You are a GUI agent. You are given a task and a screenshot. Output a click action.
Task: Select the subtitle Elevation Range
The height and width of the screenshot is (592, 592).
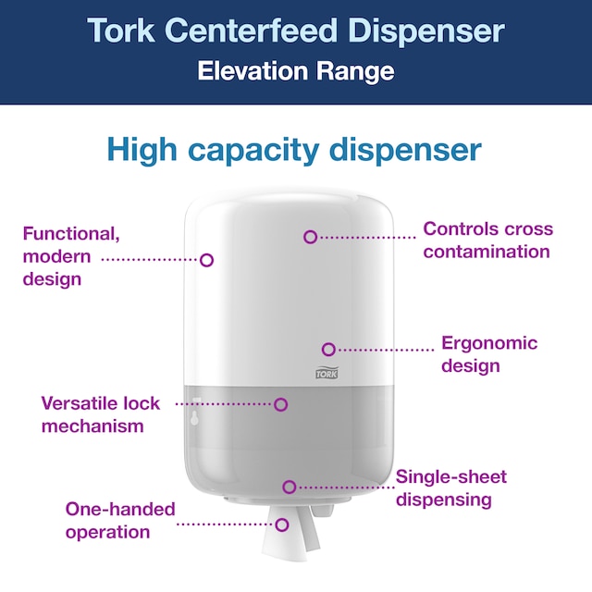[296, 71]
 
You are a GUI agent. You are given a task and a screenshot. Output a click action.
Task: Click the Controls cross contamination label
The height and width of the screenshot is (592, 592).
[487, 240]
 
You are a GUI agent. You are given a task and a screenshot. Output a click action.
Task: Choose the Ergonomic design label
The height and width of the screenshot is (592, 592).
[488, 354]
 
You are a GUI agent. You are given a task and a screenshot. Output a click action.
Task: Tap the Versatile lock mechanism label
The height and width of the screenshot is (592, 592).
[100, 414]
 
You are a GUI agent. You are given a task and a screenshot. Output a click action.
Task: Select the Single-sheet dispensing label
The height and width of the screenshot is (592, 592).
[450, 488]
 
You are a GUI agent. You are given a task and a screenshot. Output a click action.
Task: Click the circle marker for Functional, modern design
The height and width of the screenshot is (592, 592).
[207, 260]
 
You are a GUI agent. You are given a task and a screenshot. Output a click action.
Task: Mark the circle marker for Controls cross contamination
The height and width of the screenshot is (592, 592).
[311, 237]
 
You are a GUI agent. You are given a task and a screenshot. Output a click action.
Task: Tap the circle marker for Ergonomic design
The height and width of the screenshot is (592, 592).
[328, 349]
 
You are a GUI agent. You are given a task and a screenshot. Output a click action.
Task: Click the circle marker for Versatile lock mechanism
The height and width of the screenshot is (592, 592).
[281, 404]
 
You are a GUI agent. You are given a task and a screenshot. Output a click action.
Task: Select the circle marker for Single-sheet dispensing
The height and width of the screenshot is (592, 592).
[290, 486]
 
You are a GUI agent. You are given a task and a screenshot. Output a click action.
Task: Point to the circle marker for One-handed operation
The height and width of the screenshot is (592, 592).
[282, 524]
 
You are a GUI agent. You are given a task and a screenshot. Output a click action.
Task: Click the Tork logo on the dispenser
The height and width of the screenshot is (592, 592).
[327, 373]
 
